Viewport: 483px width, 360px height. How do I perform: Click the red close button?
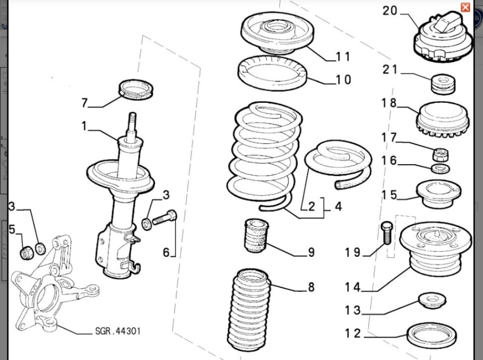coord(465,7)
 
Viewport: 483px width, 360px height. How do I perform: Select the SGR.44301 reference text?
coord(118,331)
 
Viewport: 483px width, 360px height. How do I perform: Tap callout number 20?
coord(390,11)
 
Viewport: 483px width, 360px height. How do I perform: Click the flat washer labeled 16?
coord(441,169)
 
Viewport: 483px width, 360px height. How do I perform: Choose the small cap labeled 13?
coord(432,301)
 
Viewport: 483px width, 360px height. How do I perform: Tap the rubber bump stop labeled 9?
coord(256,235)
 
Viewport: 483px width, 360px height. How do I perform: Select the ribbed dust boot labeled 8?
coord(250,310)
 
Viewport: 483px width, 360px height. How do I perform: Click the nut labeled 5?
coord(27,253)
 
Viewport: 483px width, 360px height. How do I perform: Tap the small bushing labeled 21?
coord(443,84)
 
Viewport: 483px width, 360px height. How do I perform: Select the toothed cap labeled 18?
coord(442,119)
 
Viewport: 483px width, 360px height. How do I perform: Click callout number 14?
coord(353,287)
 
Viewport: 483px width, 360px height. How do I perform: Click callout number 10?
coord(343,80)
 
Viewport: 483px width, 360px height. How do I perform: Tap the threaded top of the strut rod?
coord(133,119)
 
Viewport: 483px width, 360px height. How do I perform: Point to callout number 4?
coord(338,206)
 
